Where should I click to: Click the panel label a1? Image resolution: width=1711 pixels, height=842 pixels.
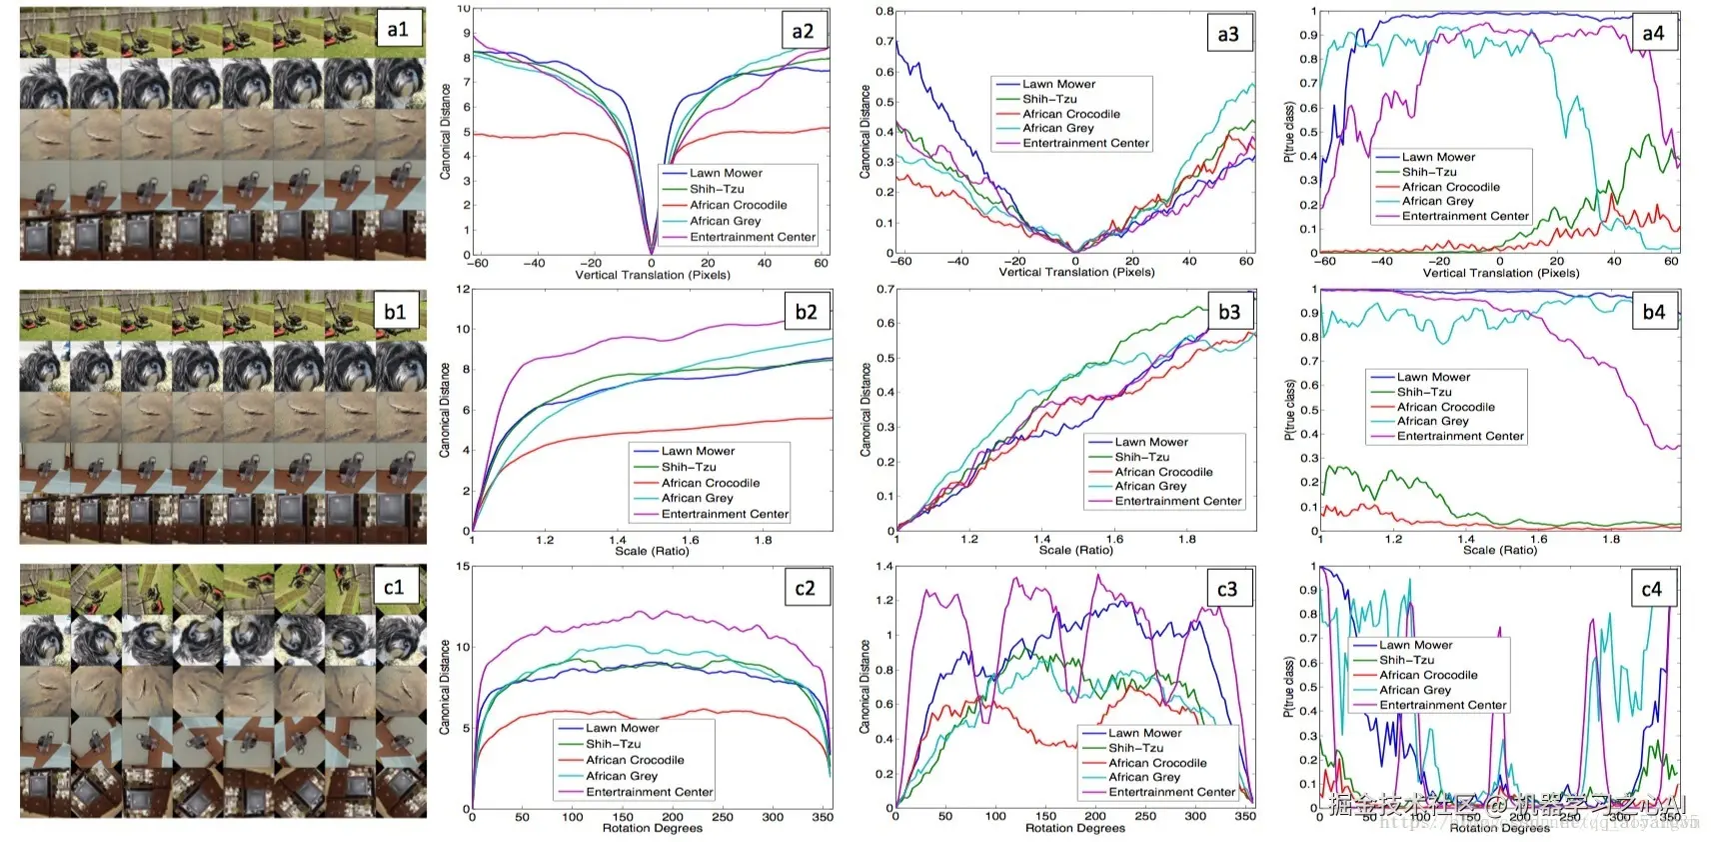398,29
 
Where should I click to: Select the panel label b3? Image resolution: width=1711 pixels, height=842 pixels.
1228,311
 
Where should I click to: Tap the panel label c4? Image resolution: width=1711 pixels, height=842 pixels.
1651,589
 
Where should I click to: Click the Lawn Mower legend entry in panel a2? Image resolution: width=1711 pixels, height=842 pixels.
726,173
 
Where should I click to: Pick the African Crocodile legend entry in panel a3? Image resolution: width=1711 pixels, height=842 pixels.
1071,114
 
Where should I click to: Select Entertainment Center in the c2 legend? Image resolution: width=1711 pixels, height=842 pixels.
649,792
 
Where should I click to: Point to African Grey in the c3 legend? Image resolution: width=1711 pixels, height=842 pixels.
1144,777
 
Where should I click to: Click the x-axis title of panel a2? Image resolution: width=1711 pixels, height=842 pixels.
653,275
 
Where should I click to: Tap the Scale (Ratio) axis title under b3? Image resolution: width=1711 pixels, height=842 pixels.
1075,550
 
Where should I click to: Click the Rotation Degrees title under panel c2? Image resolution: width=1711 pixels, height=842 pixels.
652,828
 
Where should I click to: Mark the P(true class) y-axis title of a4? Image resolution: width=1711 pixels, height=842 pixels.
1289,132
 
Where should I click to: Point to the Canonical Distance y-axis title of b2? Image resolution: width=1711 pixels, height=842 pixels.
446,410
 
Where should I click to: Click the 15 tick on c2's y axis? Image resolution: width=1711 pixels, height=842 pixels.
463,566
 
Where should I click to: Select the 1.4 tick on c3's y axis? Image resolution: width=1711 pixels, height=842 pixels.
884,566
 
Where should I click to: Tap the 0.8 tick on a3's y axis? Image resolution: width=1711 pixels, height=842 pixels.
884,12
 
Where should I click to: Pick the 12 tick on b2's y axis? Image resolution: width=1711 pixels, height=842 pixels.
463,289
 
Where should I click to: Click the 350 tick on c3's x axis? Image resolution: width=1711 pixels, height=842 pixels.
1245,816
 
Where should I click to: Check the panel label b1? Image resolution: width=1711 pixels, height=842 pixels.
396,311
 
